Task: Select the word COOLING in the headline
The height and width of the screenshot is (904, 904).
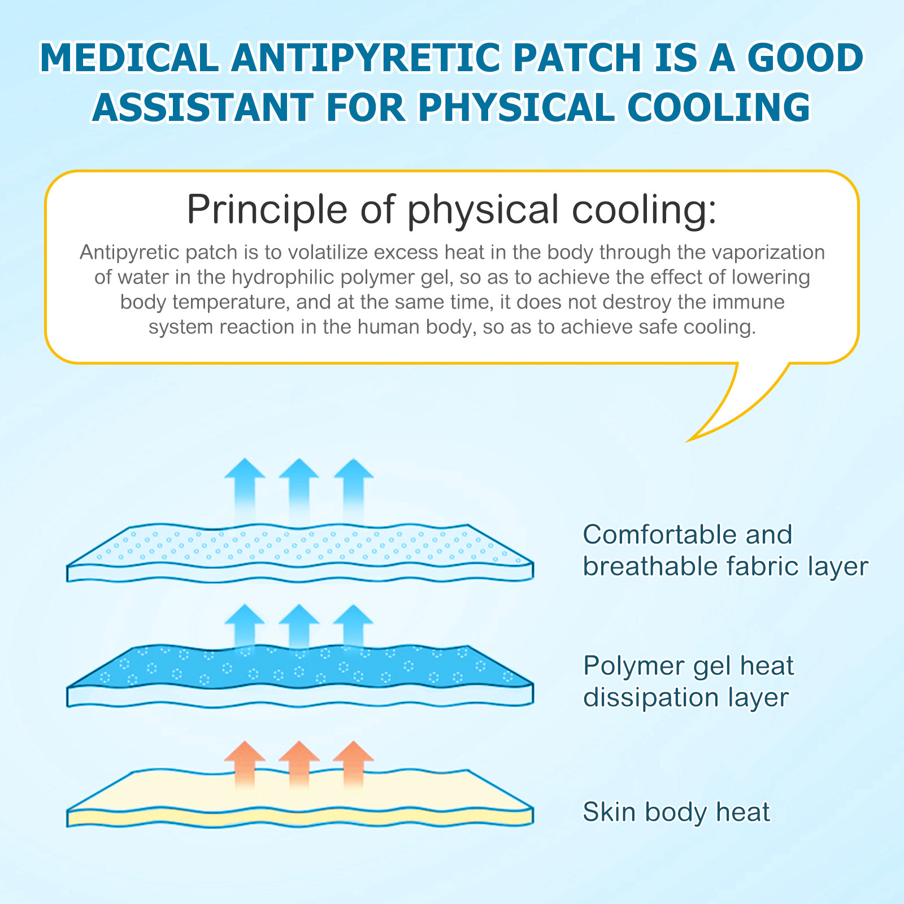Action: (x=719, y=107)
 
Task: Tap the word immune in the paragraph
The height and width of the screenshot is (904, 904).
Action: (x=748, y=302)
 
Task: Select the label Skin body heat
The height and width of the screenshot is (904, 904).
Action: (x=676, y=812)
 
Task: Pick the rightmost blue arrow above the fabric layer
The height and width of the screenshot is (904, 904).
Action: (x=354, y=486)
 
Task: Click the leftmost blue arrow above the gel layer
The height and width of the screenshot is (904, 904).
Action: (x=245, y=624)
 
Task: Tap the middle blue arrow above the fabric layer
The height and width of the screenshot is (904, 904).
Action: (x=299, y=486)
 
